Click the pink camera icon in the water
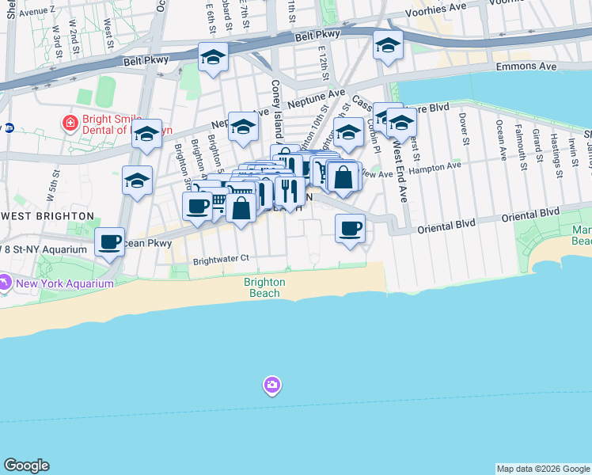click(x=272, y=385)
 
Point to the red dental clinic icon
click(x=70, y=123)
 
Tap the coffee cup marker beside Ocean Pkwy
click(x=110, y=240)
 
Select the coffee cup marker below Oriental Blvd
click(x=350, y=229)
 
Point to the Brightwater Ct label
click(x=221, y=258)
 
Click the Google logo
click(x=26, y=465)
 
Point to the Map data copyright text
click(x=543, y=469)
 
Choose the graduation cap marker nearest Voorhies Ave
click(x=388, y=47)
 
